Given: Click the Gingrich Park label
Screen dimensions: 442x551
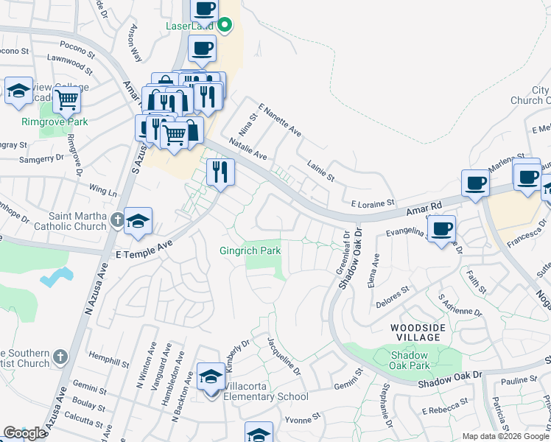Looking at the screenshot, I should point(250,250).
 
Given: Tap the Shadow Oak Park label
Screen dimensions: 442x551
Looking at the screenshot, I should point(410,360).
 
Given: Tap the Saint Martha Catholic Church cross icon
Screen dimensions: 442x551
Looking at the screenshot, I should point(117,220).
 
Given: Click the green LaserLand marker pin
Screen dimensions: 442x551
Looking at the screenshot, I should point(226,27).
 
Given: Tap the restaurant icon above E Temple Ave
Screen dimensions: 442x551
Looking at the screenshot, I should point(220,172).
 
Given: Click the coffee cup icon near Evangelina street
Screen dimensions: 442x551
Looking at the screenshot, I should point(442,228).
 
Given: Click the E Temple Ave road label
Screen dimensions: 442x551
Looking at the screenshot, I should point(144,250).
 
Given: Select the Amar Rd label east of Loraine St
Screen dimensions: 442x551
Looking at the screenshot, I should point(424,211).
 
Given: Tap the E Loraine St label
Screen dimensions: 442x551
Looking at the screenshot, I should point(373,202).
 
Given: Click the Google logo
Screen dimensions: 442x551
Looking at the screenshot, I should point(24,433).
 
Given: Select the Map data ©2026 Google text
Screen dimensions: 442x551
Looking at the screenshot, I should point(505,436).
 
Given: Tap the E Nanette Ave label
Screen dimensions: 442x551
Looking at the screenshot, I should point(279,119).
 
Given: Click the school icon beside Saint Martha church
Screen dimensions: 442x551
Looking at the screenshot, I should point(138,221).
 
